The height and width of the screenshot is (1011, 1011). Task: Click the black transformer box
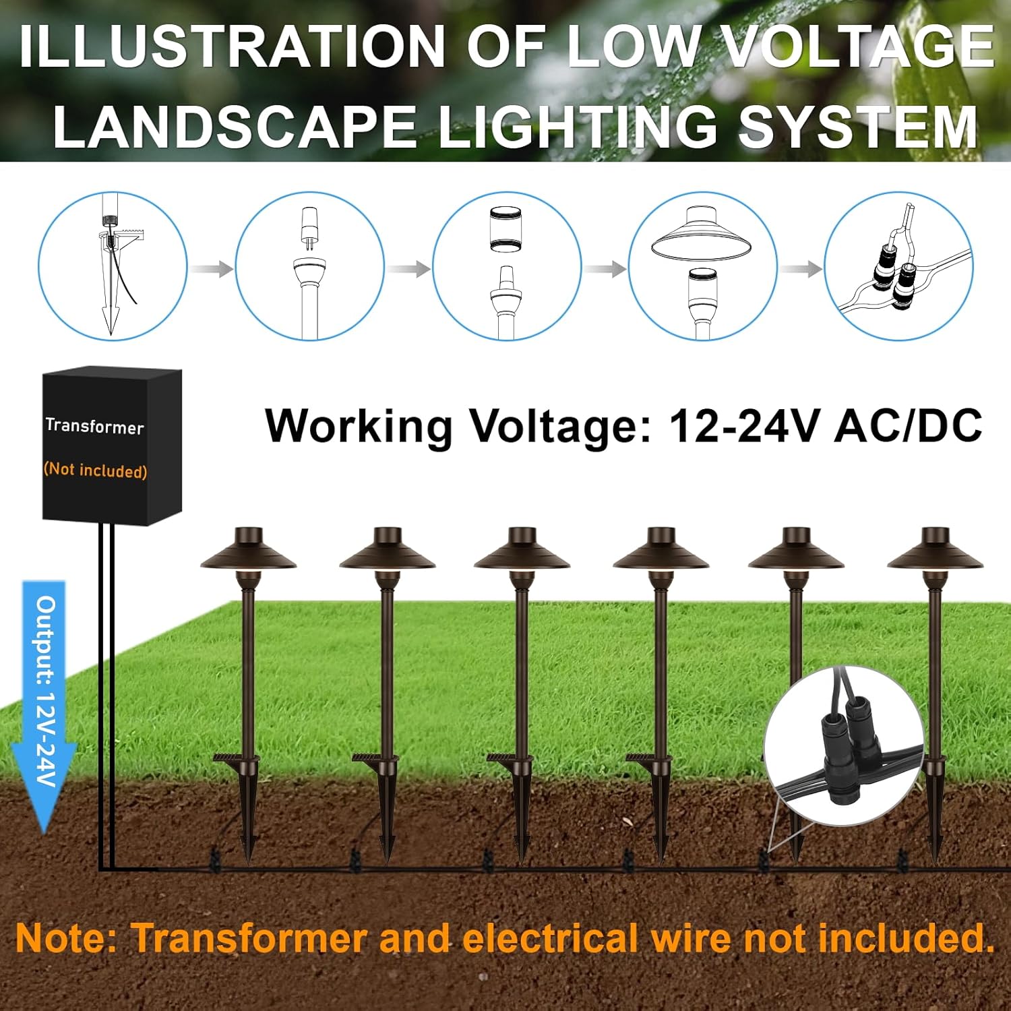tap(112, 445)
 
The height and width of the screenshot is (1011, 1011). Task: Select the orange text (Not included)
tap(95, 470)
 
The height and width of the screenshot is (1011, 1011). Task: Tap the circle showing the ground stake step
tap(113, 266)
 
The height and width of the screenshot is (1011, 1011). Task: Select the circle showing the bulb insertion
tap(309, 266)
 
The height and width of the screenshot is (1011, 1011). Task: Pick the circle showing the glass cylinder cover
tap(506, 266)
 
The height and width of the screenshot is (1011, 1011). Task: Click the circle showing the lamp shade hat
tap(702, 266)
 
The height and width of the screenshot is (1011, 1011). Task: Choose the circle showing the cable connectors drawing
tap(898, 266)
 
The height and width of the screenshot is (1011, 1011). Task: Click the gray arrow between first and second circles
tap(210, 269)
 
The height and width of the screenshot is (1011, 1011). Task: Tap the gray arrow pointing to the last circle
tap(801, 269)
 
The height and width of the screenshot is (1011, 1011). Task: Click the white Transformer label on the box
tap(94, 426)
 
